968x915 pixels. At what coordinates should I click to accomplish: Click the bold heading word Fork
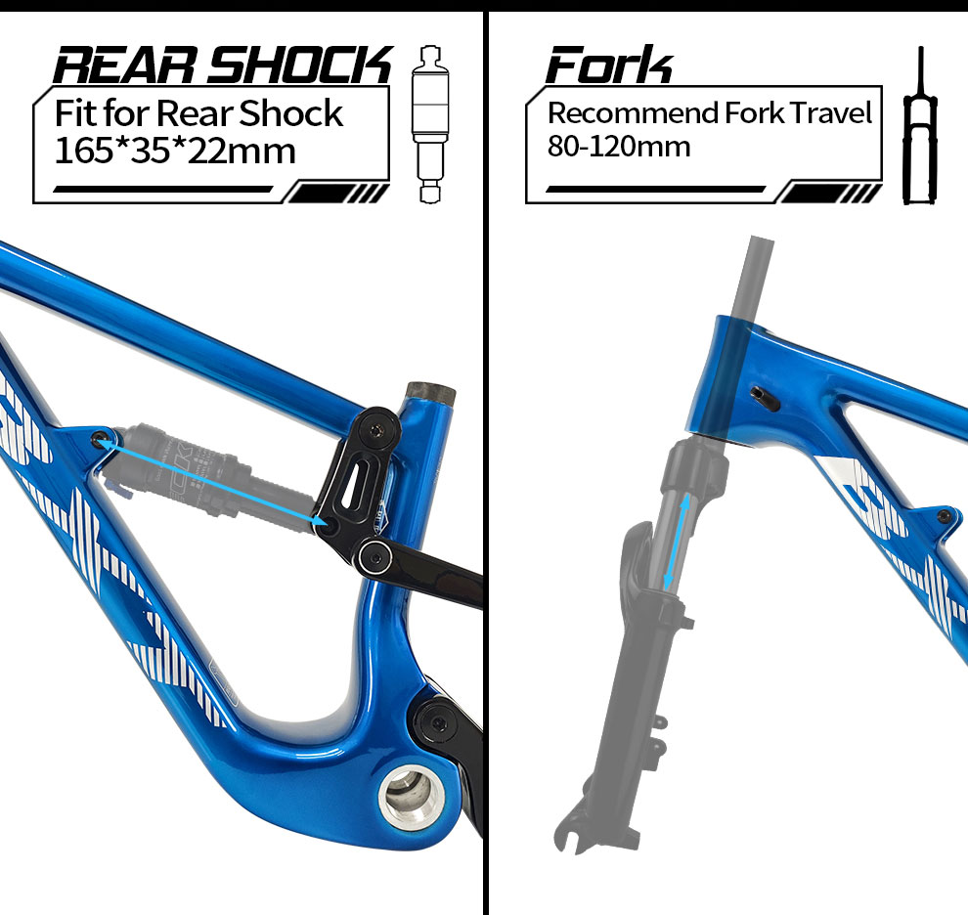pos(609,66)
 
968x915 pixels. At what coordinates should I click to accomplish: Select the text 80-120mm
pos(619,147)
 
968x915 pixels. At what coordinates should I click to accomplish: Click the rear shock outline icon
pos(428,123)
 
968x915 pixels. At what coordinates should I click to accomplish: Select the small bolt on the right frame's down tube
pos(944,515)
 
